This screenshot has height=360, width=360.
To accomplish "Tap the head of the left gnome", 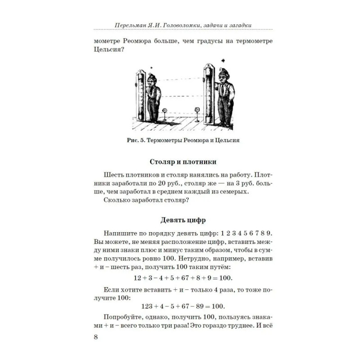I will pyautogui.click(x=152, y=81).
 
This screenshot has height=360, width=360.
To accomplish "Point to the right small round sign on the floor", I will pyautogui.click(x=196, y=109).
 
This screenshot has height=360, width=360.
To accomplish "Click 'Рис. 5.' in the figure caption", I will pyautogui.click(x=135, y=140).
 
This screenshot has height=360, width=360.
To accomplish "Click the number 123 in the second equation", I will pyautogui.click(x=147, y=306).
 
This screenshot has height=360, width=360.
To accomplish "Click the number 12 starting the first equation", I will pyautogui.click(x=139, y=277).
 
